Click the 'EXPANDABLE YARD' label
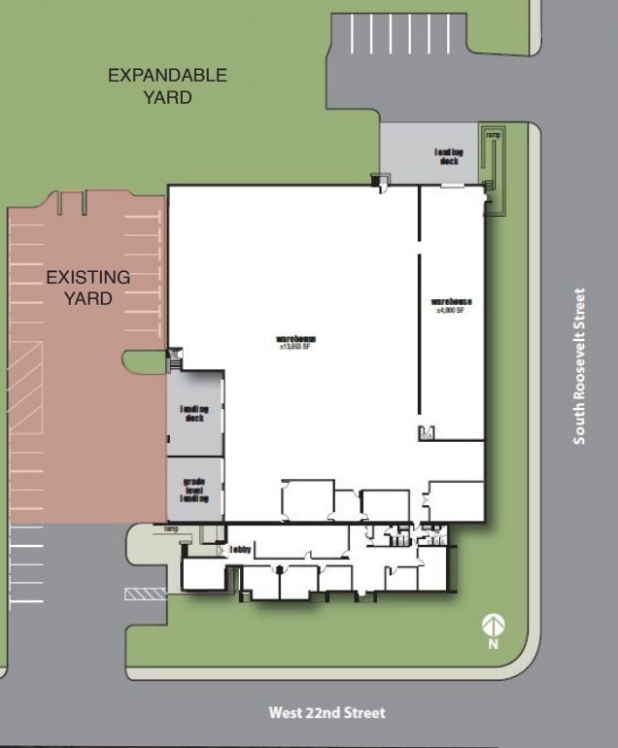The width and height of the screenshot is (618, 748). point(167,85)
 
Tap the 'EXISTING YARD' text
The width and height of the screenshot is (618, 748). point(88,289)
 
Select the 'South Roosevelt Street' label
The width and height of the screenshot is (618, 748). point(580,366)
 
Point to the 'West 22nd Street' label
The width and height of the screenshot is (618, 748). point(326,713)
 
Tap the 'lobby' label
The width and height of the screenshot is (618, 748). point(241,550)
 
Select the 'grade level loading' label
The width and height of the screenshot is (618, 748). point(195,490)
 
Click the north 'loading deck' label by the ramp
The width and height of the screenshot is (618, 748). point(449,155)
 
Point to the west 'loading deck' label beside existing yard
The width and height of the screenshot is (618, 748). point(195,415)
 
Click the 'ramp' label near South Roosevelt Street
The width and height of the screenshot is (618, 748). point(494,134)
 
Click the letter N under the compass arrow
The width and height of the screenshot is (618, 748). point(494,643)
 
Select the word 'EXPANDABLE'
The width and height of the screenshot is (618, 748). point(167,75)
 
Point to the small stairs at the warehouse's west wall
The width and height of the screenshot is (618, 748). point(174,360)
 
